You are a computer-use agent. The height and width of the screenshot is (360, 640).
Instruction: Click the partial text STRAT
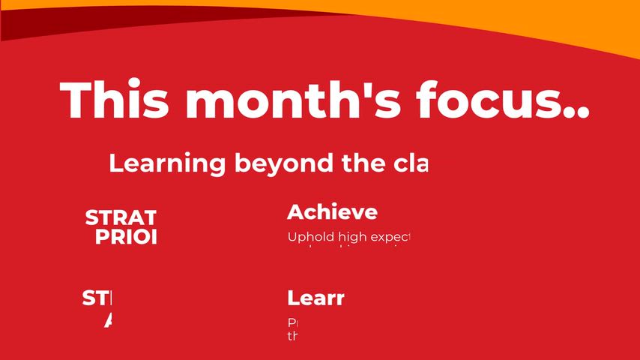(121, 218)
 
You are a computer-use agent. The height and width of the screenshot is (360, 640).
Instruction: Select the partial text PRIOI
(126, 237)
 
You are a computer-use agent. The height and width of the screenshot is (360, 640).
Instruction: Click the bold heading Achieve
(332, 212)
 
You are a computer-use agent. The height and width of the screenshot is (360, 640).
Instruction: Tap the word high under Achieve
(350, 238)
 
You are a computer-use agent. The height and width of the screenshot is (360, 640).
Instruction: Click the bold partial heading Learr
(316, 298)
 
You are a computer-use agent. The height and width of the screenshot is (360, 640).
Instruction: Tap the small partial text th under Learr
(292, 335)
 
